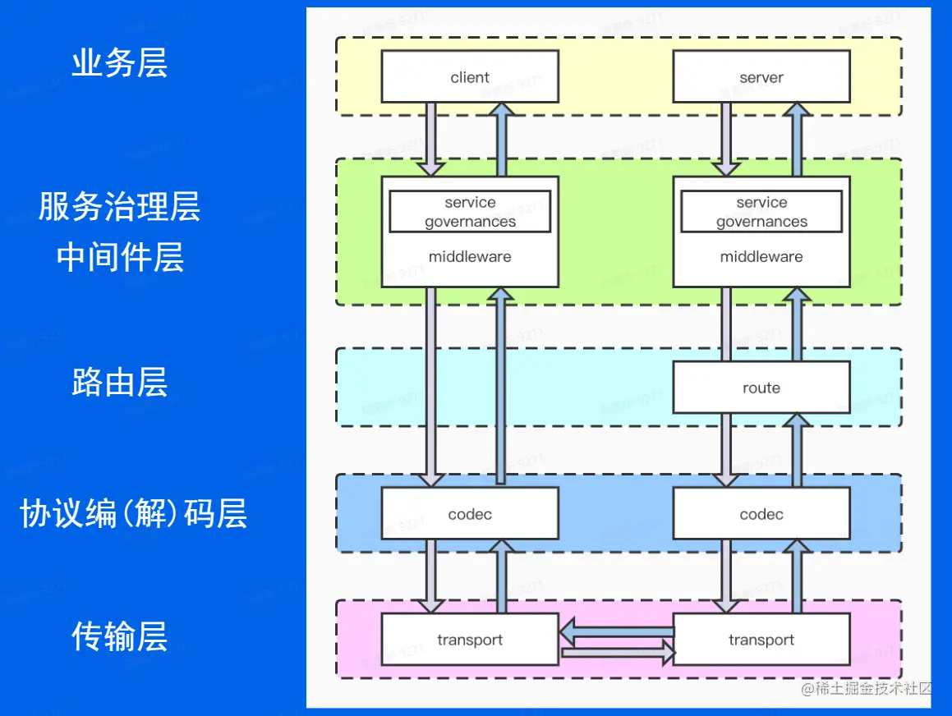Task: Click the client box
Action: (470, 76)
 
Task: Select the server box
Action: (761, 76)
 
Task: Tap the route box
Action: (761, 388)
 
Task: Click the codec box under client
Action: (470, 514)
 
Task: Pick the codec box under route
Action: (761, 514)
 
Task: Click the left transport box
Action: (470, 640)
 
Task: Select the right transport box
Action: (761, 640)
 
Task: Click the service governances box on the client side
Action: (470, 212)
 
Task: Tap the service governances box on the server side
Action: (761, 212)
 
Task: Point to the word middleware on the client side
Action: (470, 257)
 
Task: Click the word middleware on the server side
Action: (761, 257)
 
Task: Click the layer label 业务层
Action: (120, 63)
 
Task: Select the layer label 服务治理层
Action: (120, 207)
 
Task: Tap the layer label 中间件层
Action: (120, 257)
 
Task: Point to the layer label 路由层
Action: (120, 383)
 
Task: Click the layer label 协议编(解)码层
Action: (133, 514)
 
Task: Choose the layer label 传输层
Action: (120, 636)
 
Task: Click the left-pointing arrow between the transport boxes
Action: (617, 631)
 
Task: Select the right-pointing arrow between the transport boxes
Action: (617, 654)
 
